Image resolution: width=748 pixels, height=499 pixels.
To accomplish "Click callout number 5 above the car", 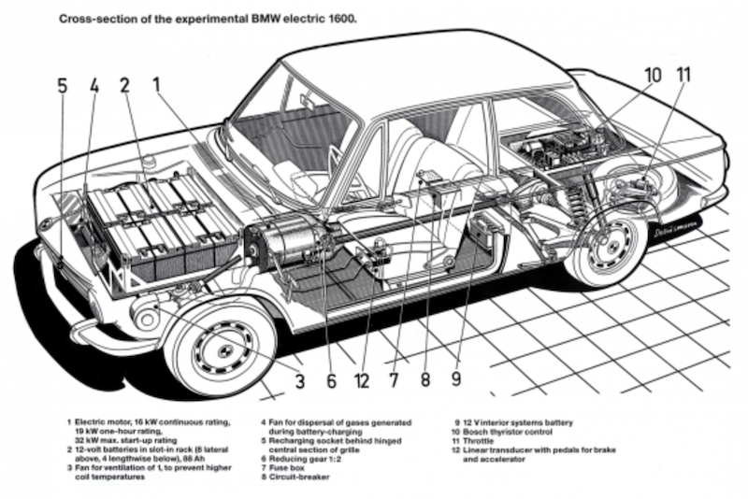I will (62, 85).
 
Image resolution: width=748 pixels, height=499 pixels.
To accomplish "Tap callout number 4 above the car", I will (94, 85).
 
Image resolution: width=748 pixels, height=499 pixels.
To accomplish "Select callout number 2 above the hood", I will (123, 85).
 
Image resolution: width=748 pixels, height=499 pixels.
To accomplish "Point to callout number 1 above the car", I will (158, 85).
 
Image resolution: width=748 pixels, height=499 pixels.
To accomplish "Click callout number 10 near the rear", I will (653, 74).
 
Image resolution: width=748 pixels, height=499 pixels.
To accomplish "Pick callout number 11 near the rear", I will (683, 74).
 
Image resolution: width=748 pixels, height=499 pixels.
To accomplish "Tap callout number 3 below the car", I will (299, 380).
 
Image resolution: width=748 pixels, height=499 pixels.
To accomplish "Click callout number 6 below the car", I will (331, 380).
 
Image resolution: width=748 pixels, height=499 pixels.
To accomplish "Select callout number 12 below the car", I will (363, 380).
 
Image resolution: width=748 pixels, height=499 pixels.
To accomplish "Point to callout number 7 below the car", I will (395, 380).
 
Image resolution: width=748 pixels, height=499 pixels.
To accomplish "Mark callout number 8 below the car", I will (425, 380).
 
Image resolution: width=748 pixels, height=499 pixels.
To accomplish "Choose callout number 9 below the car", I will (456, 380).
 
